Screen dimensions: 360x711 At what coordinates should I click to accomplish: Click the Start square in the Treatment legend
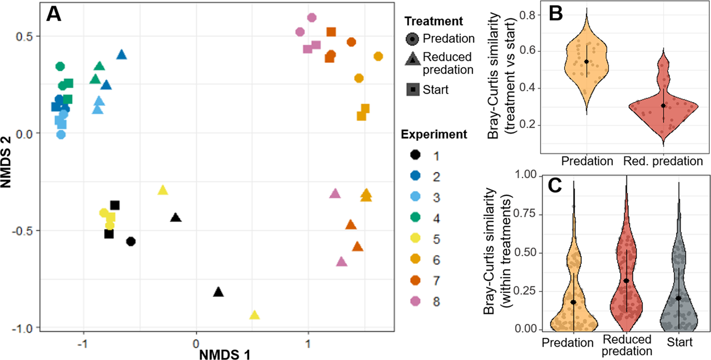point(413,89)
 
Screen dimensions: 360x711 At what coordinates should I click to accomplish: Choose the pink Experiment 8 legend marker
point(413,302)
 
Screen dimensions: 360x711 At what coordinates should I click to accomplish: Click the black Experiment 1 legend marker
point(413,155)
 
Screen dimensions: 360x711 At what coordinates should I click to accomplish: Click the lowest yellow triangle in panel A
point(255,315)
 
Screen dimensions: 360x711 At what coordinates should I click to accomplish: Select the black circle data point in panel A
point(131,242)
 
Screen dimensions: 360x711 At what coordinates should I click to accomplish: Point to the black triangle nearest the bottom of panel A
point(218,292)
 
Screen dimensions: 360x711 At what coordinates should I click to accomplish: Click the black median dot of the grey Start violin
point(678,298)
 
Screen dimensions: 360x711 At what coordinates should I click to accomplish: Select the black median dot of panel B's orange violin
point(586,62)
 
